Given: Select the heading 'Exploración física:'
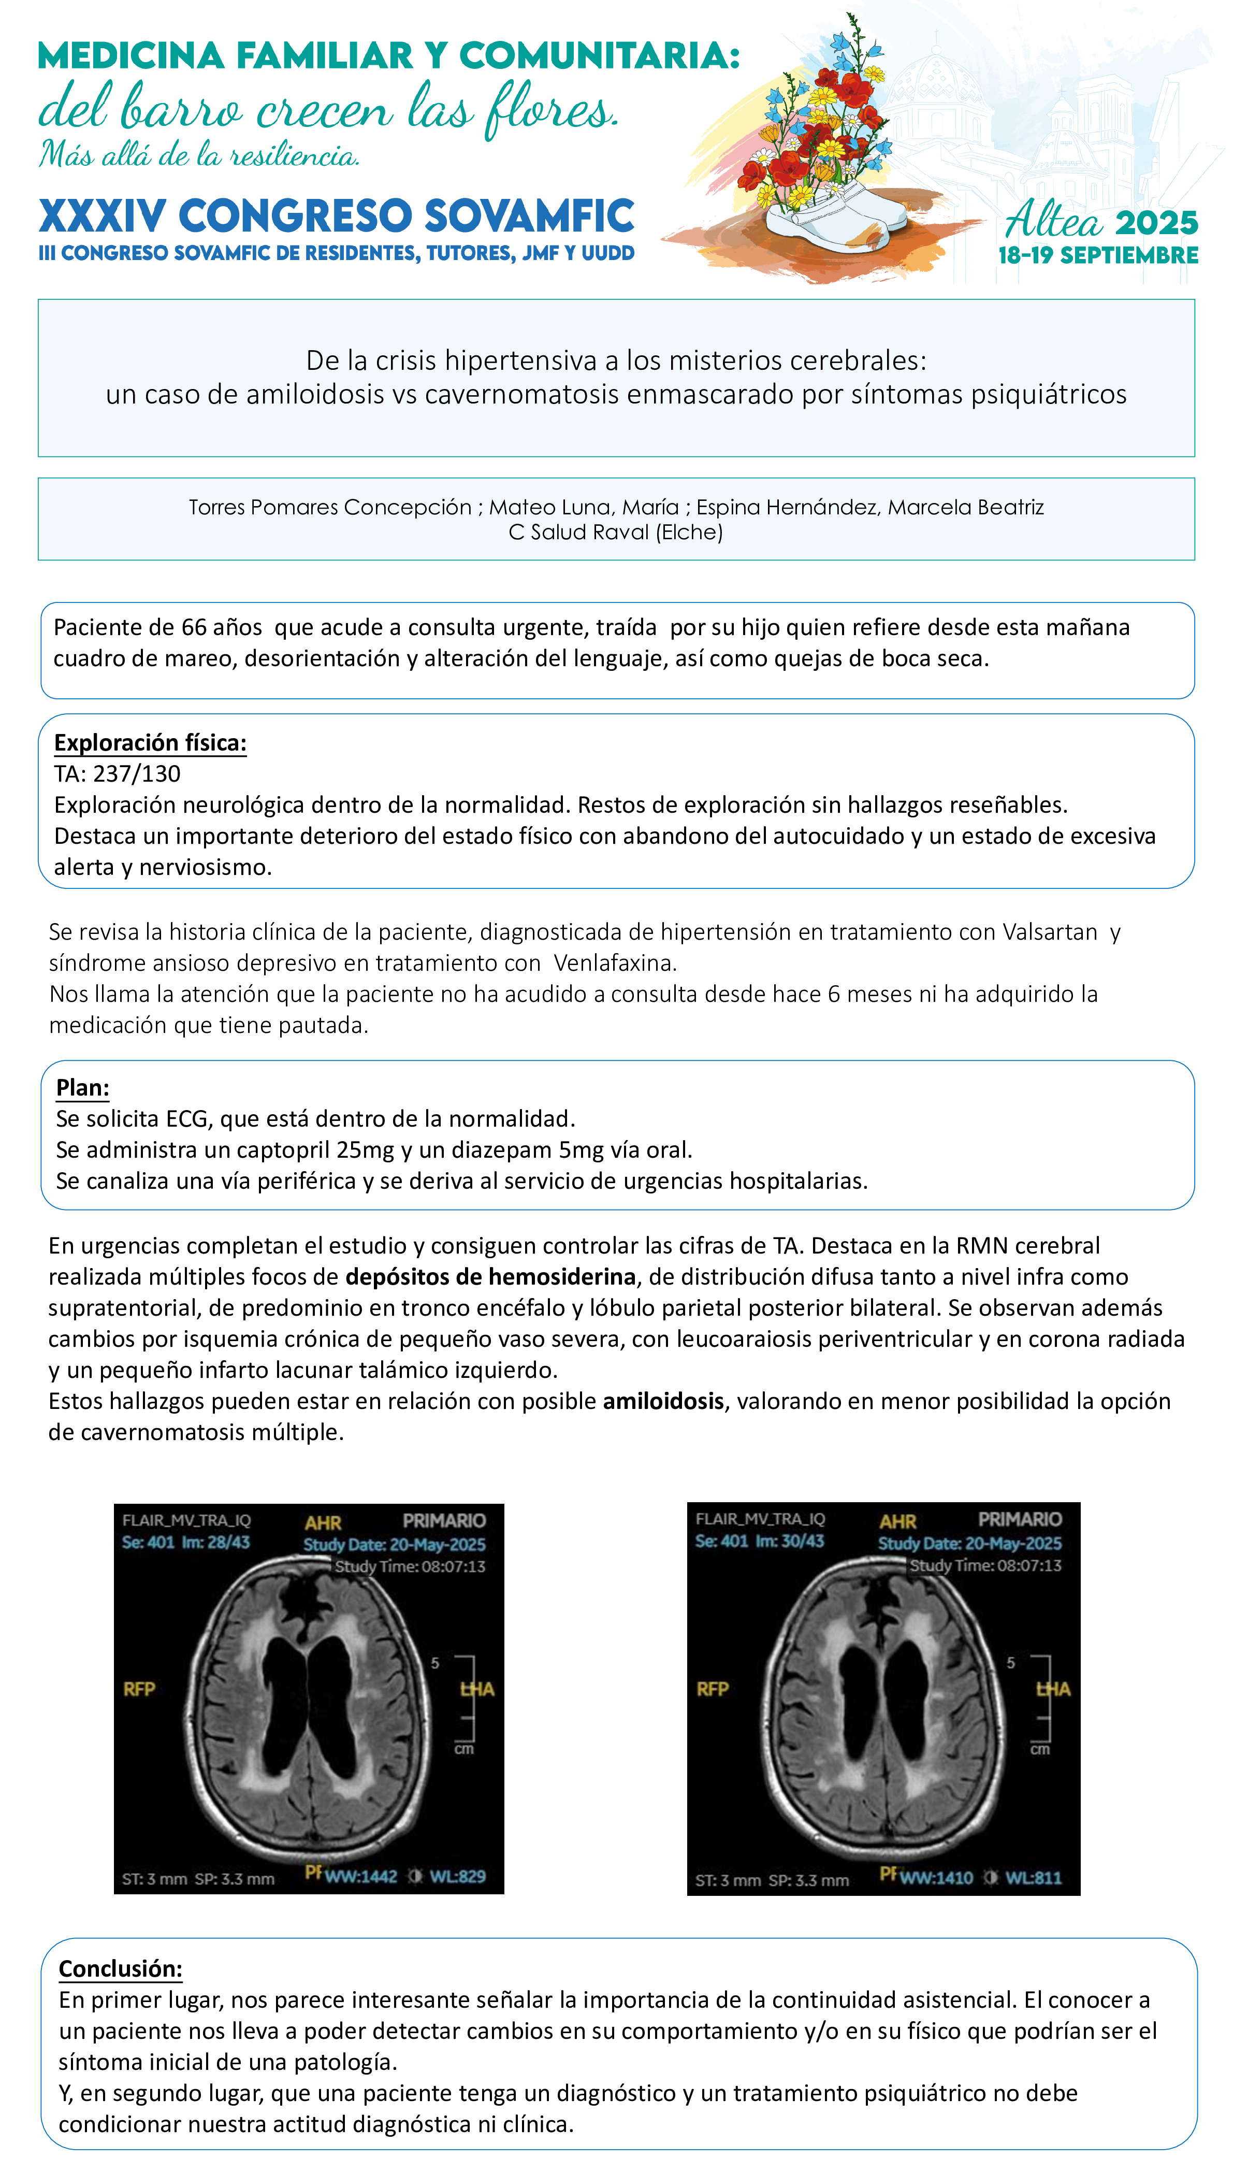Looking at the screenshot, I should click(150, 743).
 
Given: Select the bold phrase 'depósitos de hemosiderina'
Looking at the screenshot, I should click(490, 1276).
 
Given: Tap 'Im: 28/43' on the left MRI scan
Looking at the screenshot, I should click(216, 1542).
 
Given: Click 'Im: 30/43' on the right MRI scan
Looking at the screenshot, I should click(789, 1541).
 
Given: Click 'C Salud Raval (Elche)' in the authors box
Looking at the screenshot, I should click(616, 532).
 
